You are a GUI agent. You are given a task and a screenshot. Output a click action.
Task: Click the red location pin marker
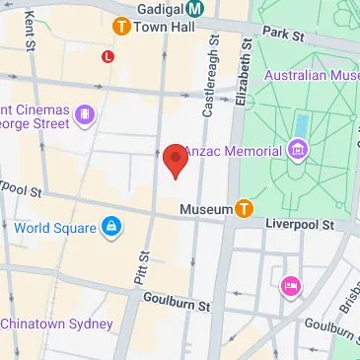[x=176, y=160]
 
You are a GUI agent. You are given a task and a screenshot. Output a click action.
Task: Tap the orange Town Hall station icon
[x=122, y=27]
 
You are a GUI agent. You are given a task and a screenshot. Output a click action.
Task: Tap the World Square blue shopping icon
[x=110, y=229]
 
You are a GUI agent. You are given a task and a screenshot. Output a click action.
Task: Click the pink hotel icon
[x=290, y=286]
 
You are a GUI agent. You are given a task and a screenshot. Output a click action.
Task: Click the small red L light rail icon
[x=108, y=56]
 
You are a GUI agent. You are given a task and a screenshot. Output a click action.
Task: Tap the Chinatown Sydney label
[x=43, y=324]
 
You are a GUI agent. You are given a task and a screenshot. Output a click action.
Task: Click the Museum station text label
[x=205, y=209]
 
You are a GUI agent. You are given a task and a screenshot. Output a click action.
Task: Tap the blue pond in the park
[x=300, y=124]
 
